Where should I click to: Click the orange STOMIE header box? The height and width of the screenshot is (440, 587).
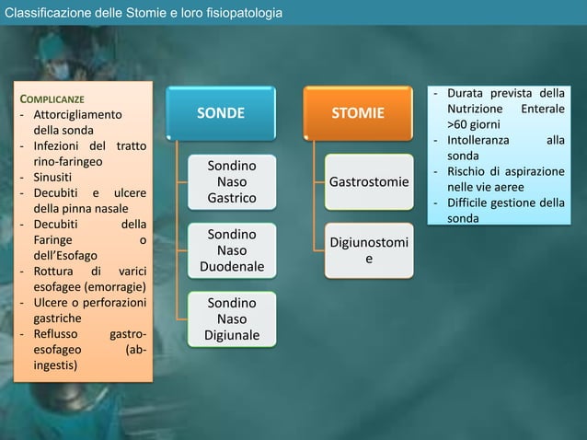tap(359, 113)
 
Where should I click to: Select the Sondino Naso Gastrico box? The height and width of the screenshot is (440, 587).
tap(232, 182)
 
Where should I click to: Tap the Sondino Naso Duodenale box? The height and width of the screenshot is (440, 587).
tap(232, 250)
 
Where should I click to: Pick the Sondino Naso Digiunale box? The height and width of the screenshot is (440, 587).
tap(232, 318)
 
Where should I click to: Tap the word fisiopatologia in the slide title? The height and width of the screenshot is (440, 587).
tap(242, 13)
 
